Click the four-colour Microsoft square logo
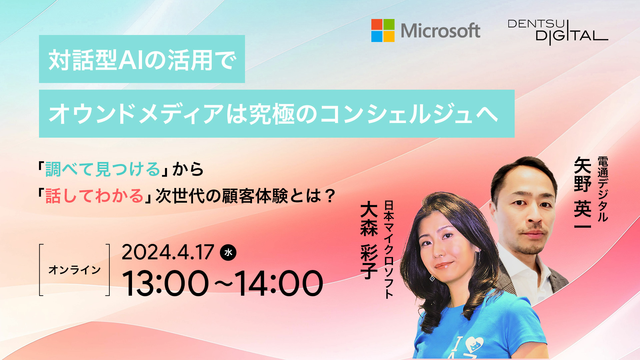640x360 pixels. [x=383, y=30]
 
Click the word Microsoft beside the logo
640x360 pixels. [x=440, y=31]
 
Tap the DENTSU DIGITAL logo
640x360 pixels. [x=558, y=32]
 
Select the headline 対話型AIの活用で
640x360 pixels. [x=142, y=60]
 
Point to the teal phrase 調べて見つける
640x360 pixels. [x=103, y=169]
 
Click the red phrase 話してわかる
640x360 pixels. [x=94, y=196]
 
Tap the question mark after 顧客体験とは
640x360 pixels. [x=330, y=196]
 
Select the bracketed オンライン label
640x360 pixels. [x=74, y=270]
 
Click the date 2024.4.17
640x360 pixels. [x=168, y=252]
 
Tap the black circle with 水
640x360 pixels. [x=228, y=252]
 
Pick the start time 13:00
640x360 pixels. [x=165, y=283]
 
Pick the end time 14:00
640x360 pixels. [x=279, y=283]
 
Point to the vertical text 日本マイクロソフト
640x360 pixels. [x=389, y=249]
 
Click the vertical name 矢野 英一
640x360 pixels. [x=583, y=193]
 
